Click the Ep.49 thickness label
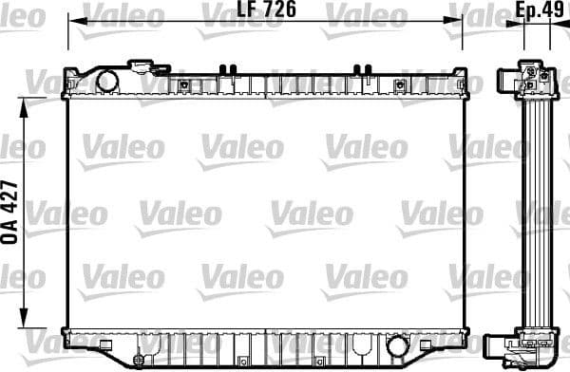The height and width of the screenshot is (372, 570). coord(536,11)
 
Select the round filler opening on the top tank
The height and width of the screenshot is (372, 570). coord(106,80)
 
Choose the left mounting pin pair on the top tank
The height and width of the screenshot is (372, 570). coord(225,68)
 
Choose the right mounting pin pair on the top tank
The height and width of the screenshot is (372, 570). coord(360,68)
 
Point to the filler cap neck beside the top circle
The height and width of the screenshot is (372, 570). coord(144,66)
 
